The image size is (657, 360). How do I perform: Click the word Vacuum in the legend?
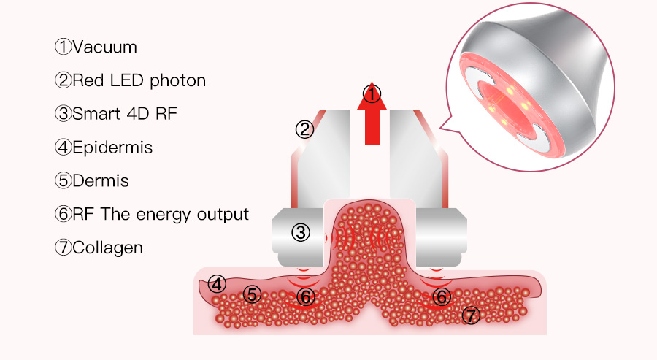click(104, 47)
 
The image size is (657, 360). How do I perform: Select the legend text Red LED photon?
click(139, 80)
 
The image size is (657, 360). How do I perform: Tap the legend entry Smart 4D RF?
click(125, 114)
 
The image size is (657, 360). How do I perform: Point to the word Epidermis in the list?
click(112, 147)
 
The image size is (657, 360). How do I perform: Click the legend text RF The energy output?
click(161, 214)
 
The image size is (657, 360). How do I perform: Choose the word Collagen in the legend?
click(107, 248)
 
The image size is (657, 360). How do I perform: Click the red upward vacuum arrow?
click(372, 120)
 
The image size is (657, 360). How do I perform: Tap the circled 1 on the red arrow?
click(372, 94)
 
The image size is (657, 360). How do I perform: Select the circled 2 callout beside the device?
click(304, 129)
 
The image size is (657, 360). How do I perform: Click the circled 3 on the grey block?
click(301, 233)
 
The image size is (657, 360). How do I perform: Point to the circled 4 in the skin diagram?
click(217, 283)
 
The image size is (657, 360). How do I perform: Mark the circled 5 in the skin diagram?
click(252, 294)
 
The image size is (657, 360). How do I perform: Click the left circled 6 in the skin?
click(306, 296)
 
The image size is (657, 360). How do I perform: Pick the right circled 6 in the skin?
click(441, 296)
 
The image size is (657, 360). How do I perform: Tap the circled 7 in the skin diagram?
click(472, 315)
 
